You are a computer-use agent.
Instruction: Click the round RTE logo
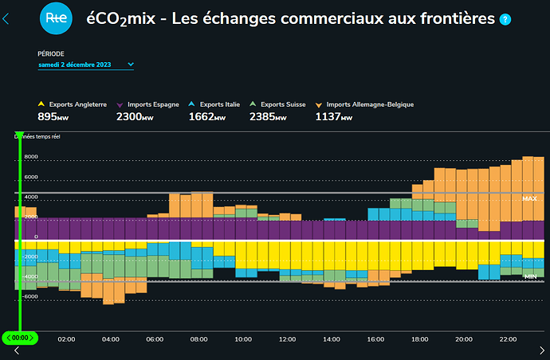(55, 18)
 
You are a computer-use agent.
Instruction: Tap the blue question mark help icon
(505, 18)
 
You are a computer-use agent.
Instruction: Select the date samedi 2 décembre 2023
(75, 65)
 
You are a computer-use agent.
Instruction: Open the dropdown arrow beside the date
(131, 65)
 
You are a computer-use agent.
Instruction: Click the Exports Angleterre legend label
(77, 104)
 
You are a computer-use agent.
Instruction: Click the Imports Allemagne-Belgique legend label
(370, 104)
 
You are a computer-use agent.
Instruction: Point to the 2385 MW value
(271, 117)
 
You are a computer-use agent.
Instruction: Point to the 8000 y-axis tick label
(31, 157)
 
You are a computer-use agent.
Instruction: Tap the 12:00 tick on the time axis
(288, 338)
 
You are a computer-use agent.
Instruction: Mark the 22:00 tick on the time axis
(508, 338)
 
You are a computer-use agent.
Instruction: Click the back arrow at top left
(7, 18)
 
